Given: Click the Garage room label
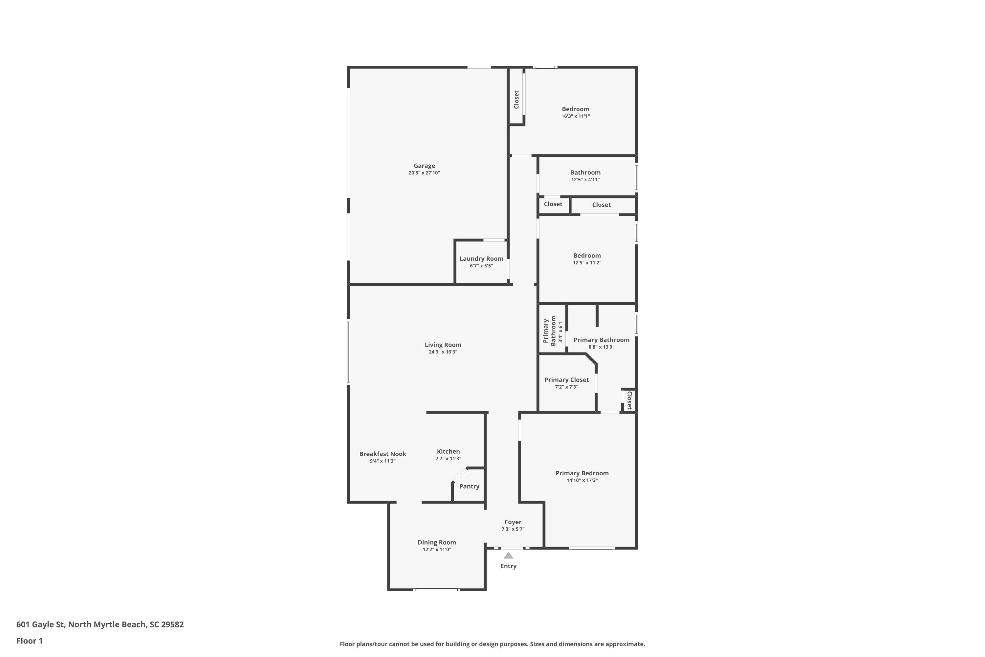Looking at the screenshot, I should click(x=424, y=166).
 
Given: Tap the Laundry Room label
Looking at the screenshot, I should click(x=481, y=259).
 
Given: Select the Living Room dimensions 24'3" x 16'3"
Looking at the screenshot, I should click(x=443, y=352).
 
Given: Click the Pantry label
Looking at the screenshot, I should click(x=469, y=487).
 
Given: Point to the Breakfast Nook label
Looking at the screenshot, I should click(x=383, y=454).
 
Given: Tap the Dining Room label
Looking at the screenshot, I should click(x=436, y=542).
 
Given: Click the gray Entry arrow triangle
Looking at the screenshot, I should click(x=508, y=555).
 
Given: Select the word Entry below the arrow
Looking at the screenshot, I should click(x=508, y=566).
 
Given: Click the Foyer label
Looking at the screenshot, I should click(x=513, y=522).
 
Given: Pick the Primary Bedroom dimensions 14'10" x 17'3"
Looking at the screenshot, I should click(x=582, y=480).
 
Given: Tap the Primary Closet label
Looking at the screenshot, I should click(x=566, y=380).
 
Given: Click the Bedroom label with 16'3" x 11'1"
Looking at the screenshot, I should click(x=576, y=109).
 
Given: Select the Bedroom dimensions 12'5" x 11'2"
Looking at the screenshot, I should click(x=587, y=263).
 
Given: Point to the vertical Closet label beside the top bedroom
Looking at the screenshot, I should click(x=516, y=100).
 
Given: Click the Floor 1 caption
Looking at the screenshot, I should click(x=29, y=641).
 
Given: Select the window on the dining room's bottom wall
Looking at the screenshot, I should click(x=436, y=590).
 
